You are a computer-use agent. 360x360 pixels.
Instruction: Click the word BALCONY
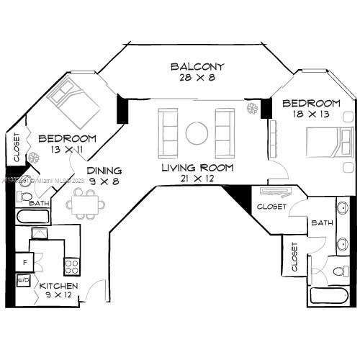point(197,67)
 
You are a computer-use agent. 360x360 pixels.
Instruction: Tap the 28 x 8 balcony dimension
point(197,78)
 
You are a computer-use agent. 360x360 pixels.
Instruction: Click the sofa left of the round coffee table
point(170,128)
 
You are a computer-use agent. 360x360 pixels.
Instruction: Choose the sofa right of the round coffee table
point(223,128)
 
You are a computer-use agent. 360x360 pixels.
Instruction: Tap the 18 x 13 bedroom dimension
point(310,114)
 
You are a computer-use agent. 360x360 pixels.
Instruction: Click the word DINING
point(104,171)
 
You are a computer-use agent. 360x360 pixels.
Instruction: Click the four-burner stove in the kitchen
point(72,266)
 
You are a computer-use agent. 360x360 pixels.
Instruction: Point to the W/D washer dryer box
point(23,279)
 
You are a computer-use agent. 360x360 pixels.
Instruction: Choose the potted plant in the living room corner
point(252,109)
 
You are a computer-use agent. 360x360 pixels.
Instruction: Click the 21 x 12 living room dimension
point(197,179)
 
